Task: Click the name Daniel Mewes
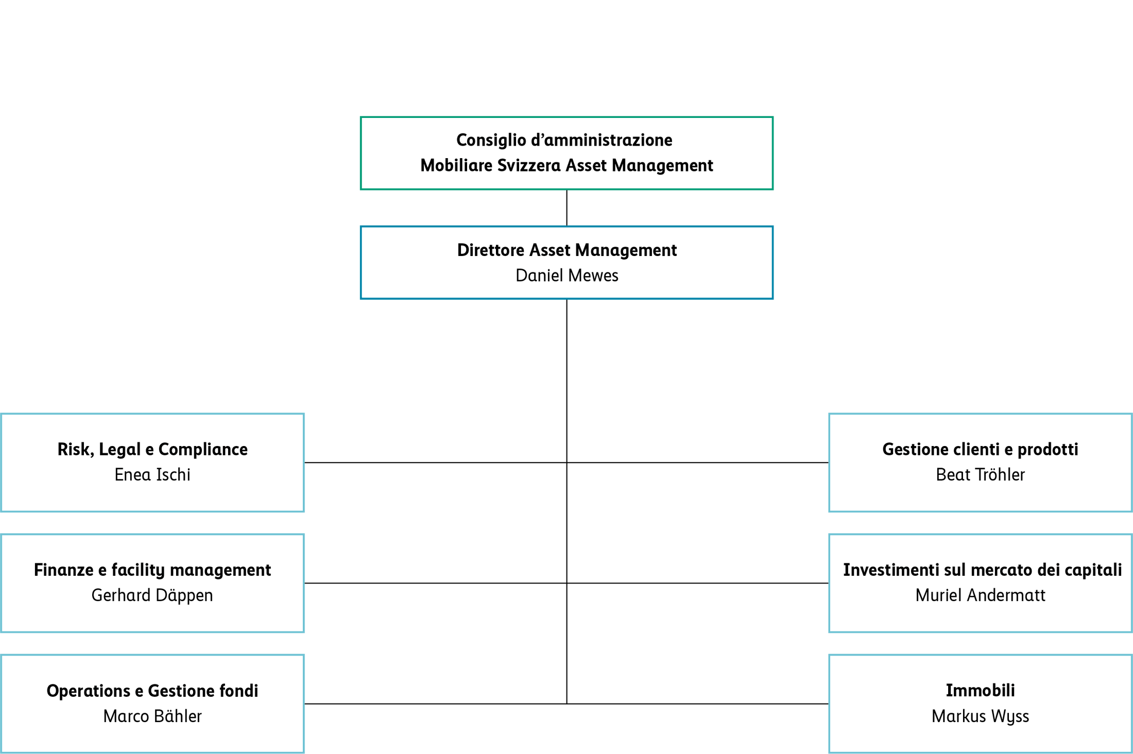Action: [x=566, y=276]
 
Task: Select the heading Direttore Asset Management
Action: [x=566, y=250]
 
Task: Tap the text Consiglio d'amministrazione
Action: [x=564, y=140]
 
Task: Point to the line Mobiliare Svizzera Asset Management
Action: [x=566, y=166]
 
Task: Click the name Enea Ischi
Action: [x=152, y=475]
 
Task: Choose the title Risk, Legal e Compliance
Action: [x=152, y=450]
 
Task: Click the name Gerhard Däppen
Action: [x=152, y=595]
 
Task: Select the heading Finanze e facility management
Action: [x=152, y=570]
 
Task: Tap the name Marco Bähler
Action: [x=152, y=716]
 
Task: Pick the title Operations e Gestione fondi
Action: [x=152, y=691]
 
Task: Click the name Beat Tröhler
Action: [x=980, y=475]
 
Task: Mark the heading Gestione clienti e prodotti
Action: [x=980, y=450]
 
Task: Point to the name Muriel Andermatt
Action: [x=980, y=595]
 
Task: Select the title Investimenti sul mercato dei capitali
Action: [x=982, y=570]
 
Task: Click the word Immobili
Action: [x=980, y=691]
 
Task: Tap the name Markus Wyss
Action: [x=980, y=716]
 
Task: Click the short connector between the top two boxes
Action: [x=566, y=208]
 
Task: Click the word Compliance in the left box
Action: [x=203, y=450]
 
